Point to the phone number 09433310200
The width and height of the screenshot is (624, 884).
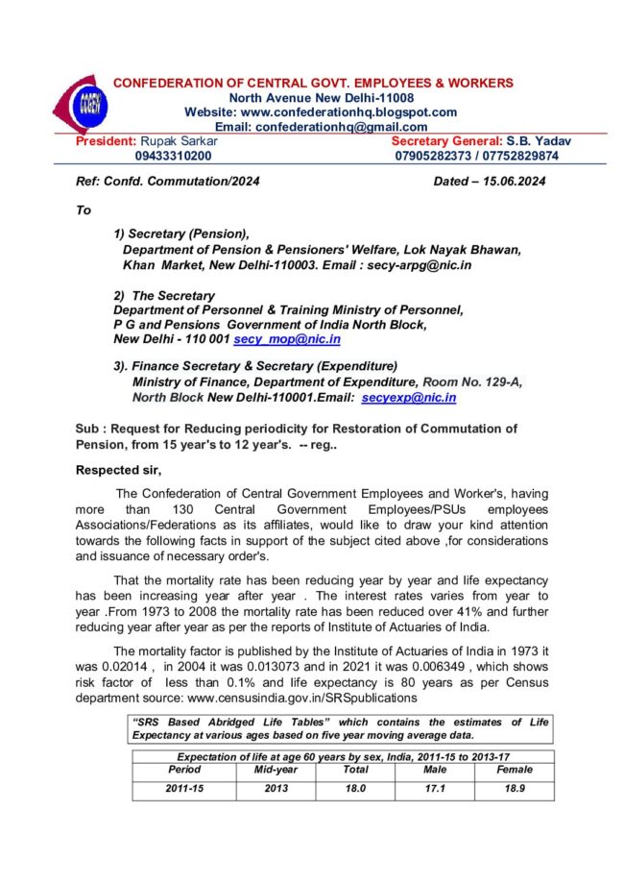point(174,156)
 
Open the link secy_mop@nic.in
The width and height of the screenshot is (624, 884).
point(288,339)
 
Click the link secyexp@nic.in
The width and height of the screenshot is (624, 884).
point(409,398)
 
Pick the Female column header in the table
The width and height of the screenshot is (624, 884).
point(514,770)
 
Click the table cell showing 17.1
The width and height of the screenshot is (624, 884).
point(436,789)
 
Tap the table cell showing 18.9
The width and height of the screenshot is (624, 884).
point(514,789)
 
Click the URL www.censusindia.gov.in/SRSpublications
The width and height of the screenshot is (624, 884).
point(303,699)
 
